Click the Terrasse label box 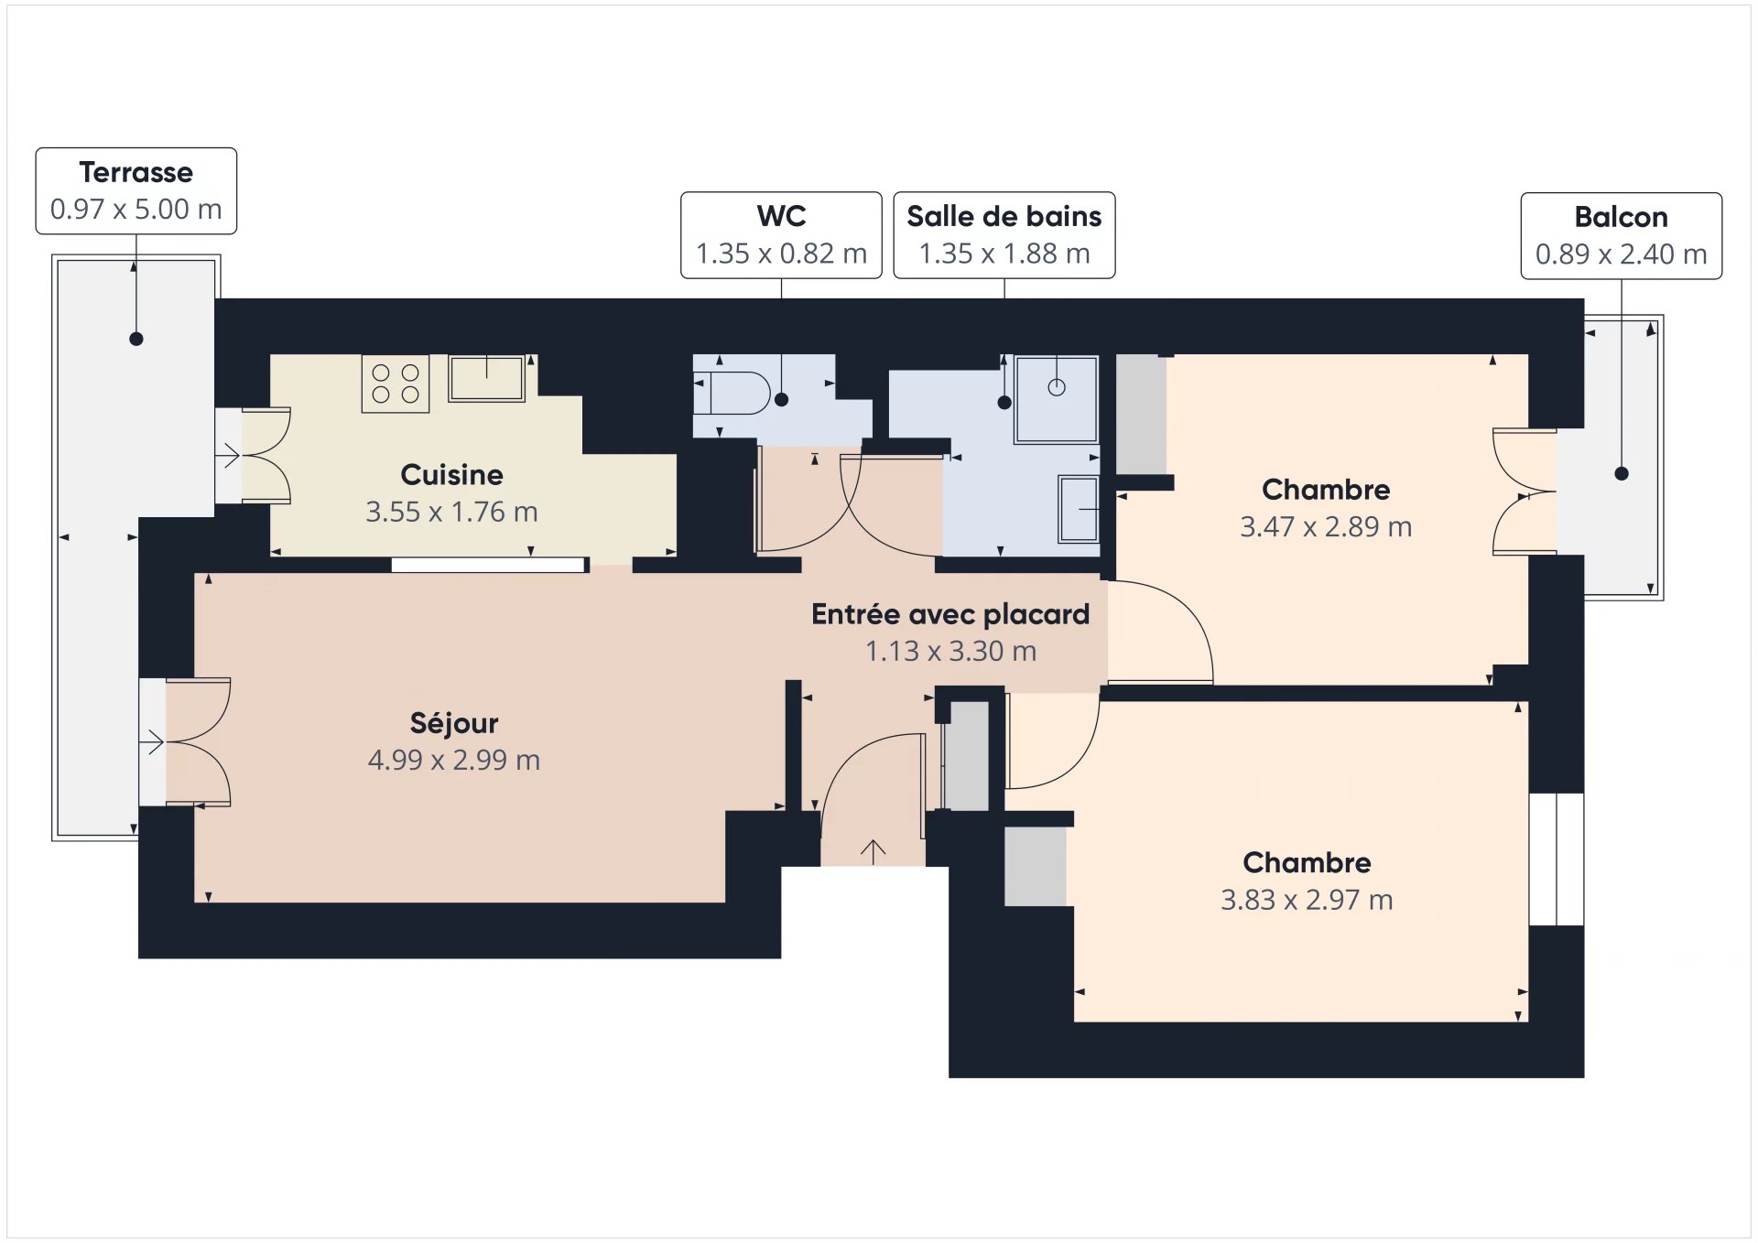136,190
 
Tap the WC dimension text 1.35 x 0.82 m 781,254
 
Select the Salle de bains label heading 1004,216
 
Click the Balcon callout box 1621,235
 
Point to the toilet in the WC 732,393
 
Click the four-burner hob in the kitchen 396,384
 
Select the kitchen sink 486,378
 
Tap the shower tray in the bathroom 1056,400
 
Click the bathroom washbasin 1079,509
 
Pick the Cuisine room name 451,474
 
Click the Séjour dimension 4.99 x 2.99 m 454,760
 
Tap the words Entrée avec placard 950,613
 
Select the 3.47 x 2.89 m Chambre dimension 1326,526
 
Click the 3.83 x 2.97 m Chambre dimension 1307,900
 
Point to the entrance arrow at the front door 873,851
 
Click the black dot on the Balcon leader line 1622,473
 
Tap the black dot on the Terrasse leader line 136,339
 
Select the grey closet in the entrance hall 967,755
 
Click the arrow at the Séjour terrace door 152,741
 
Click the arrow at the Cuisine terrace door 227,454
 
